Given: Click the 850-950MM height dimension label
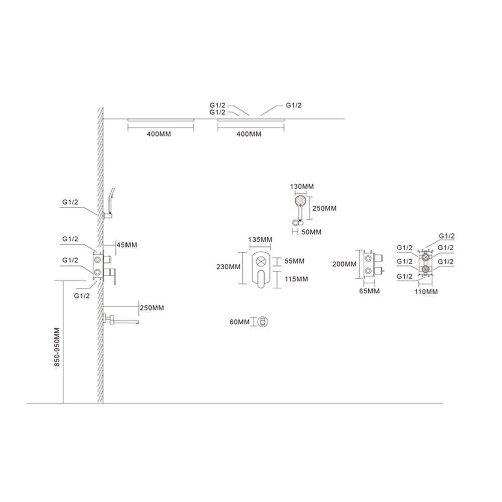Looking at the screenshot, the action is point(57,347).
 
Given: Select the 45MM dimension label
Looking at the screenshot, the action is point(127,245).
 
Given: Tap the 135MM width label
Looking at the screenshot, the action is point(260,240).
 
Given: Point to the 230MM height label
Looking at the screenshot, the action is point(228,267).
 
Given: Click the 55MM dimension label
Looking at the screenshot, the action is point(294,261).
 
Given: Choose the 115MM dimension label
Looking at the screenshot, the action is point(297,279).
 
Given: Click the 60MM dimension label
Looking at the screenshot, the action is point(240,322).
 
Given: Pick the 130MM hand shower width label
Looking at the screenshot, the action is point(302,186).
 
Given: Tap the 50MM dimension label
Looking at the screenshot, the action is point(312,232).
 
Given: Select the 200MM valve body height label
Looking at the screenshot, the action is point(344,264).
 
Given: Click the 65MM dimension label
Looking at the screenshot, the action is point(369,291).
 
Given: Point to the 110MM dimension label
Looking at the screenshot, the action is point(426,292).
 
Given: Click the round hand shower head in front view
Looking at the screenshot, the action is point(300,202).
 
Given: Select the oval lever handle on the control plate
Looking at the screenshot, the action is point(262,279).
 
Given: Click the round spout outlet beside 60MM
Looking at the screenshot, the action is point(263,322).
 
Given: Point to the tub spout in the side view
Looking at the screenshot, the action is point(121,320).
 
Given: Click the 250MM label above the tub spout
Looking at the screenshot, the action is point(152,308).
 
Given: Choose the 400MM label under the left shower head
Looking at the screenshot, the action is point(159,134).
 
